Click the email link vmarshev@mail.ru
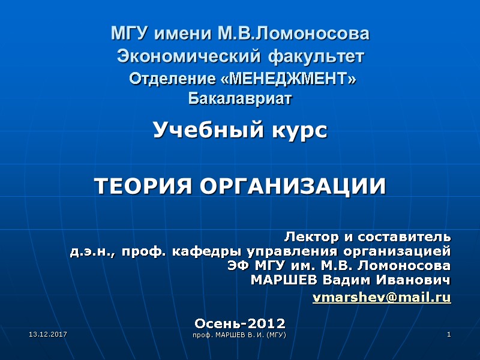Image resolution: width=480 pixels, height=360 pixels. (x=382, y=296)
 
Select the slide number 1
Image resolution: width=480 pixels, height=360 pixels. (x=448, y=333)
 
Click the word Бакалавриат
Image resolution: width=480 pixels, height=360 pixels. (x=240, y=97)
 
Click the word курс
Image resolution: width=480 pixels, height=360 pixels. (x=298, y=130)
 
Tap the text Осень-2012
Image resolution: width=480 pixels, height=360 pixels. (x=240, y=323)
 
